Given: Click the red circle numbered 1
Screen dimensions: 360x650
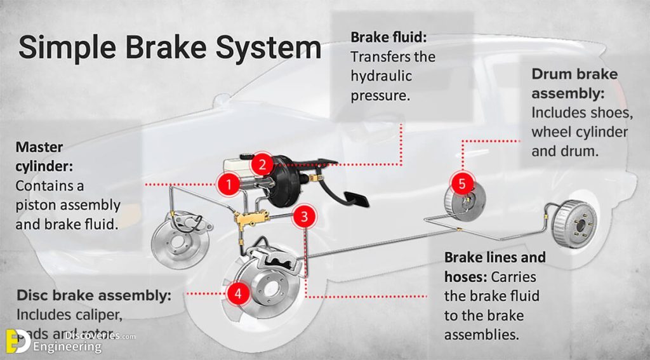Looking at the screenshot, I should (229, 184).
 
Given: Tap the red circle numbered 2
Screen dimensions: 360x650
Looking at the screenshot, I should (262, 164).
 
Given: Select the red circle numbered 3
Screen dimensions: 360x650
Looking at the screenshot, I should (305, 217).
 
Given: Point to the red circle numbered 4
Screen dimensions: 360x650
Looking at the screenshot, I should (237, 293).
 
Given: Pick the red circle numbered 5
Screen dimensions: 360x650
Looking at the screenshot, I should (462, 184).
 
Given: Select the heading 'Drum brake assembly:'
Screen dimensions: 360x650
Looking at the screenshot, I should (574, 84).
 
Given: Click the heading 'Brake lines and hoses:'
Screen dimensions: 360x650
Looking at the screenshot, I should (494, 267).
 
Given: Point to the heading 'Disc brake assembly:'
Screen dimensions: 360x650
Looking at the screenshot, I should (93, 295).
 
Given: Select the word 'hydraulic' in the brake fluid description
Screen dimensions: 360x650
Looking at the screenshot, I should (381, 76).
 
